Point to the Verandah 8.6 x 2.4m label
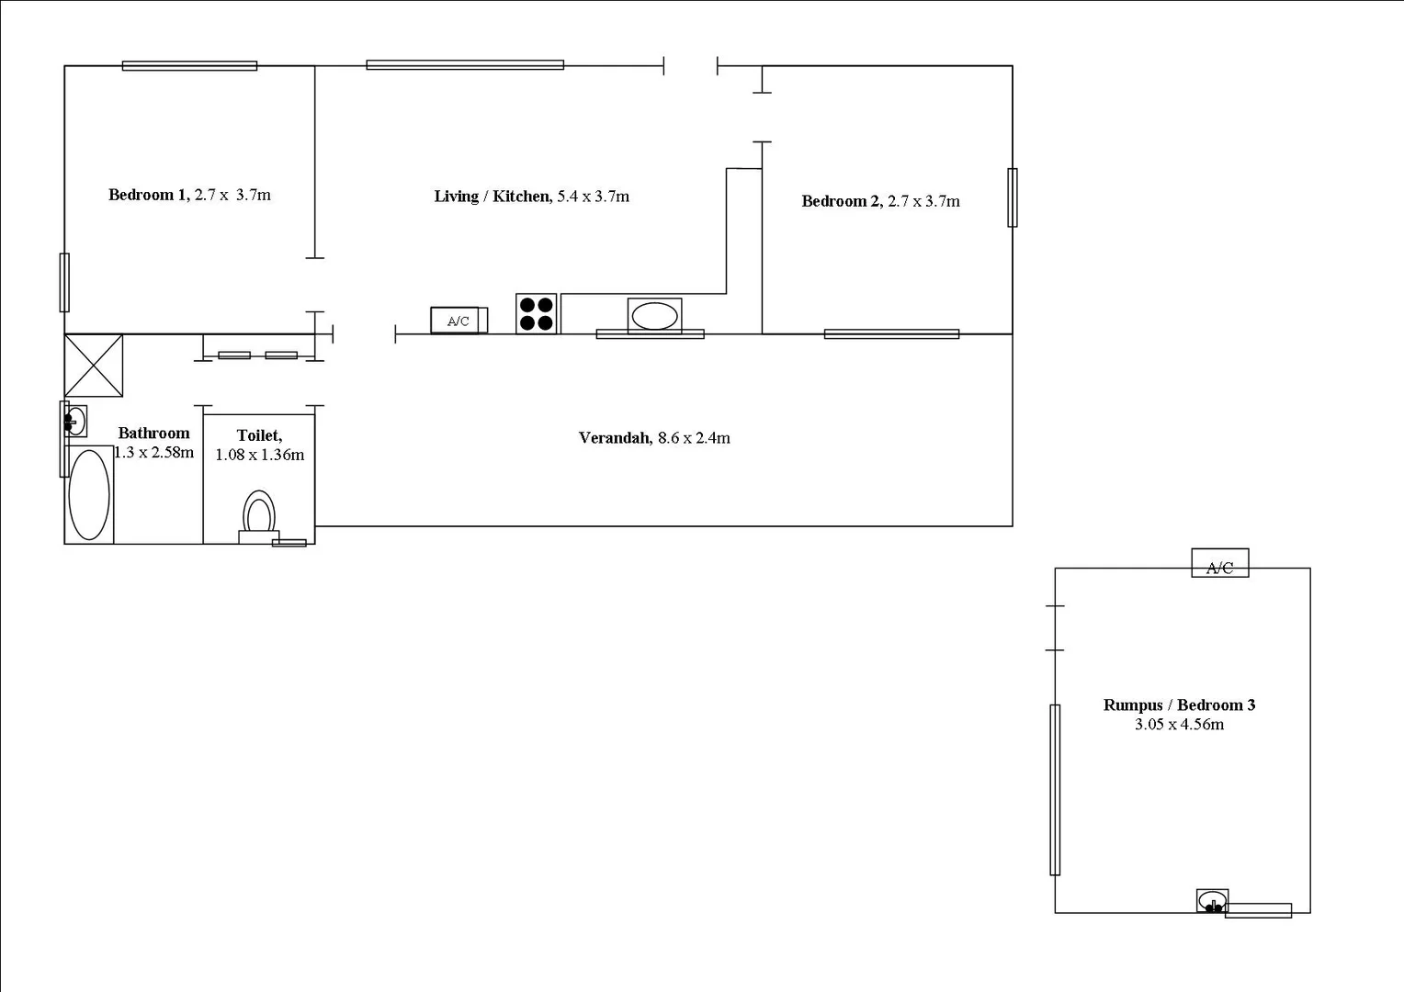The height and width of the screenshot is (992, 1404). (654, 438)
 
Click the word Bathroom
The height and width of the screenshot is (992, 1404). (153, 434)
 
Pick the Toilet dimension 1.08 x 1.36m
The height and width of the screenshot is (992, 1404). (259, 455)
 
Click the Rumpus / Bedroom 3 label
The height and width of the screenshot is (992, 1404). (1179, 705)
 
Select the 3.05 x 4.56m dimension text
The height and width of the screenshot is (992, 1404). (1179, 725)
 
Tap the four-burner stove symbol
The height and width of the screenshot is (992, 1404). (536, 314)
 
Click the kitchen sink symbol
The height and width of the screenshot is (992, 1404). (654, 316)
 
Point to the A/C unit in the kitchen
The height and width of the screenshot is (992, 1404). (458, 321)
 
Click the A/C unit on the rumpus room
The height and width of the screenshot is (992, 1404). (1219, 563)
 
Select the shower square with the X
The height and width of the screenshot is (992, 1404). (93, 366)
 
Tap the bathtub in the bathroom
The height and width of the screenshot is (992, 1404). (89, 494)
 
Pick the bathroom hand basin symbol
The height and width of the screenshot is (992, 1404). (75, 422)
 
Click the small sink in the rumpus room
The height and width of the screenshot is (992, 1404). (1212, 901)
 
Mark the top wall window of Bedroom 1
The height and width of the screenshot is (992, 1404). (189, 66)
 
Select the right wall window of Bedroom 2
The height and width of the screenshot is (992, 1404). (1012, 197)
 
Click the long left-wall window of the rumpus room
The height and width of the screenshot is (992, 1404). (1055, 789)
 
